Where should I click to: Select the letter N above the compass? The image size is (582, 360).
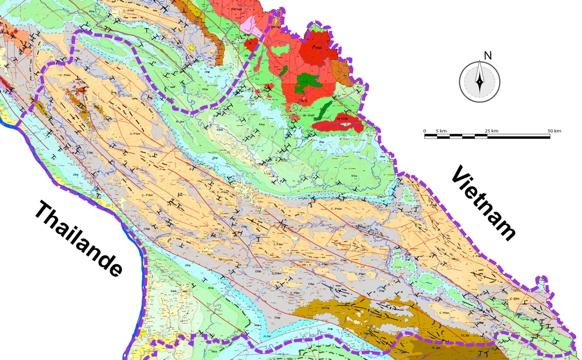[488, 55]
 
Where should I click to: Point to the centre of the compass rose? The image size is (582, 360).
[479, 82]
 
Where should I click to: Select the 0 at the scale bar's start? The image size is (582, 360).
[425, 131]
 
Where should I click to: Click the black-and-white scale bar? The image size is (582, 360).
[487, 136]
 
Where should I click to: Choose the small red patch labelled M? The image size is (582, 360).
[250, 43]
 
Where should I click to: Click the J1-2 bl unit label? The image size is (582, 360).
[267, 335]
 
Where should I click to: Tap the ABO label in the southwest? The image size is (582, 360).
[184, 291]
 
